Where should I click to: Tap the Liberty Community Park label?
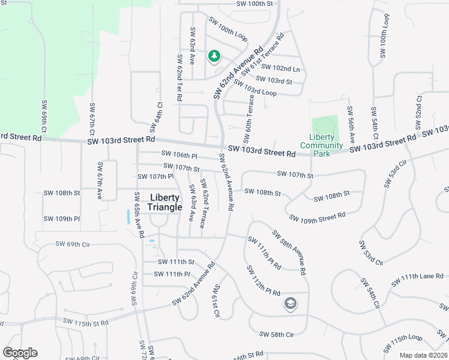321,145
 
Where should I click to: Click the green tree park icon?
214,56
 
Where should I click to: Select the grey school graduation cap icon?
290,304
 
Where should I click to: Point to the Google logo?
20,353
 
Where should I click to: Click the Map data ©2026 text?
423,355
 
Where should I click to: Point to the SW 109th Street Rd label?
317,216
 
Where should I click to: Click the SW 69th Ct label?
44,119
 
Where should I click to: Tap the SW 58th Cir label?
277,334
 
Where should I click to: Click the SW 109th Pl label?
61,219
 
